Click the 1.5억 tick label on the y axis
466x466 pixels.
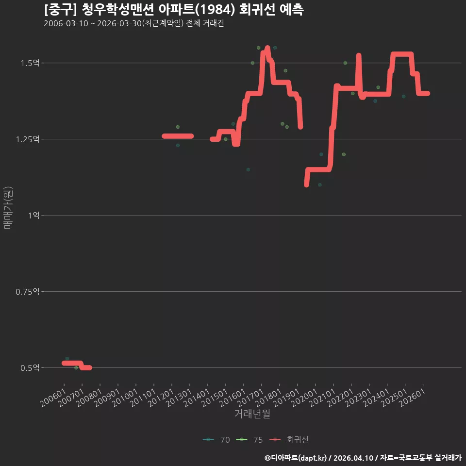pos(30,63)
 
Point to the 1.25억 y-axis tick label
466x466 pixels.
pos(28,139)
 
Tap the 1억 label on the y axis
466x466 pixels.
pos(34,215)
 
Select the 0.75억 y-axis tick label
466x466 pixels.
pos(28,292)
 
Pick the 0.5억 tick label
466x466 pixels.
pos(30,368)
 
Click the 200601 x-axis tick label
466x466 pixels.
pos(53,398)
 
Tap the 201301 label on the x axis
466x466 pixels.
pos(179,398)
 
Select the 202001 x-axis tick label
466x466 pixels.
pos(305,398)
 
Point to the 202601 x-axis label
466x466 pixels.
pos(412,398)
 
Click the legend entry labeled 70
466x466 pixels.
pos(216,440)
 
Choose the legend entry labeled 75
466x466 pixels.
pos(250,440)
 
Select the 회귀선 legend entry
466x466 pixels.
pos(289,440)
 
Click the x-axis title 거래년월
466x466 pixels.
pos(252,414)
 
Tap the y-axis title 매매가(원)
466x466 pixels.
pos(8,208)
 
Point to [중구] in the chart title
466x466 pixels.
pos(61,10)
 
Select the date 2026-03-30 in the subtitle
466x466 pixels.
pos(119,23)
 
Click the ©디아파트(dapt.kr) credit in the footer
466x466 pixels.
pos(296,458)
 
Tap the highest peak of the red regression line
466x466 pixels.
pos(267,48)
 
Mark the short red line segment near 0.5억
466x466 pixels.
pos(77,365)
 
